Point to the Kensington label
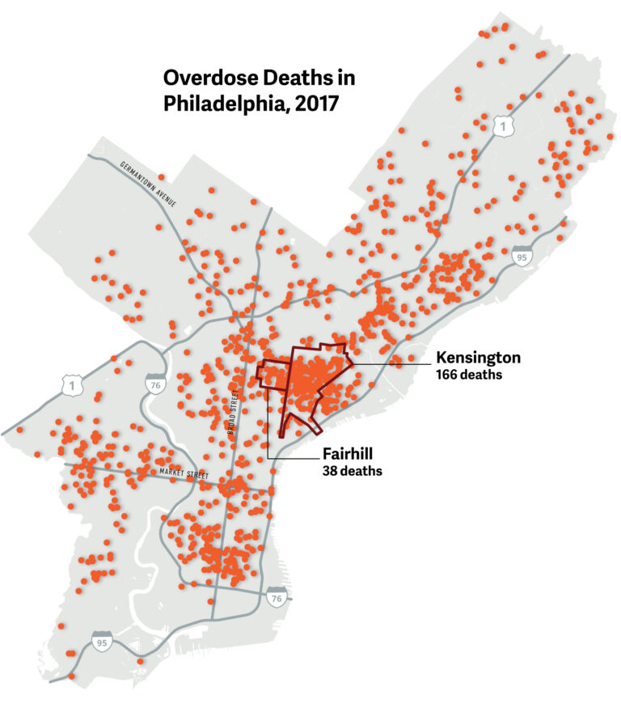478,358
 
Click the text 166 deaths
469,375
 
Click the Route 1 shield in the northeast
505,125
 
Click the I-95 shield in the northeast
522,257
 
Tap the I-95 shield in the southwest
102,641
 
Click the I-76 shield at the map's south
277,598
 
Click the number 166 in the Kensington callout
447,375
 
